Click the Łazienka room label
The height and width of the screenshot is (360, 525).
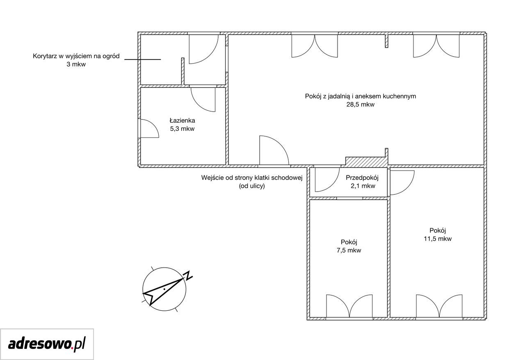click(182, 121)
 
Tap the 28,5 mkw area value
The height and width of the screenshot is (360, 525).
click(360, 105)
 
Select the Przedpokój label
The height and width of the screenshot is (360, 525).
click(362, 178)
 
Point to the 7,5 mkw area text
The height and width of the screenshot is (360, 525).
click(349, 250)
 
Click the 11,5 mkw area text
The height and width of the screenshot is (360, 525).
click(438, 239)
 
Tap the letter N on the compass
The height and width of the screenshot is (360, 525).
click(188, 276)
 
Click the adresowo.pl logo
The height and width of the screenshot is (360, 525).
click(47, 344)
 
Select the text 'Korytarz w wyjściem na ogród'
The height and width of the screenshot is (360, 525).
click(76, 56)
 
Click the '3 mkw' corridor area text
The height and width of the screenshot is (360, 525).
click(76, 64)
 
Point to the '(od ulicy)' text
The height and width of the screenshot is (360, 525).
click(252, 186)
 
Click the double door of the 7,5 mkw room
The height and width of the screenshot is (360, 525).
click(349, 306)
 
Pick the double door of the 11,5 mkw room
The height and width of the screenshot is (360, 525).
click(439, 306)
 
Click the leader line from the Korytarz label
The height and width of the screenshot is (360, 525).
click(142, 59)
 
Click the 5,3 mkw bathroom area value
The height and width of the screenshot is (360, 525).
click(182, 129)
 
